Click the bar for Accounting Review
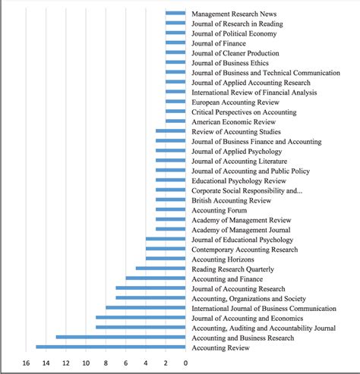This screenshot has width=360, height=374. coord(111,347)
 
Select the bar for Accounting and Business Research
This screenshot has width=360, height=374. coord(121,337)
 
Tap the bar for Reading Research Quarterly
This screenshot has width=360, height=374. coord(160,269)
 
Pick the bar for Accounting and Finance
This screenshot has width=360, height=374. coord(156,278)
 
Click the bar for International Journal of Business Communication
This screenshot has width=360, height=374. coord(146,308)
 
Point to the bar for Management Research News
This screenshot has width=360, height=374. coord(175,13)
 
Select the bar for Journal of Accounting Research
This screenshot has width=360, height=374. coord(150,288)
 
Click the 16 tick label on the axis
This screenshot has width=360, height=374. coord(26,363)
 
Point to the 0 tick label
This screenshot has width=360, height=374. coord(185,363)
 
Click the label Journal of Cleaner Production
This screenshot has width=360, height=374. coord(235,53)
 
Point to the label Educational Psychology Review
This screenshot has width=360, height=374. coord(238,181)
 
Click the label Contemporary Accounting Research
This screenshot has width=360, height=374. coord(245,250)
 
